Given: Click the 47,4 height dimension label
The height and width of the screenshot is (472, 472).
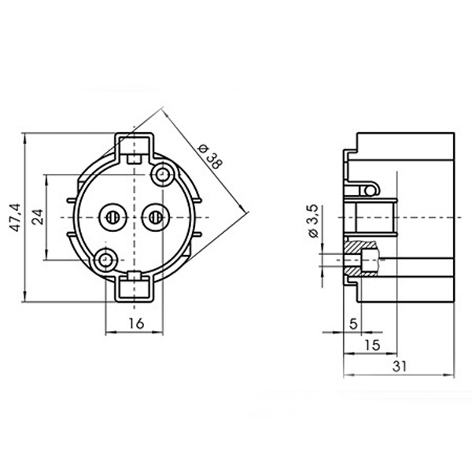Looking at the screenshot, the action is [x=15, y=217].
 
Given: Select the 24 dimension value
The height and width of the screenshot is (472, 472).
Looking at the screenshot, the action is [x=38, y=217].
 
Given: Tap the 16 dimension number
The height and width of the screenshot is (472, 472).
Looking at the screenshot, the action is [x=137, y=323].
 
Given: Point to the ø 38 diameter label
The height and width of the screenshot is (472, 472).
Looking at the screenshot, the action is [x=210, y=157].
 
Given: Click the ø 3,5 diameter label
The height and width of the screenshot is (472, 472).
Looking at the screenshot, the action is [x=313, y=221].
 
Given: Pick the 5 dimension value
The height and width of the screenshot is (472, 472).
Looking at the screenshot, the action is [x=353, y=324].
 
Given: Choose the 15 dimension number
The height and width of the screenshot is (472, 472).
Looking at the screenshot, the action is [x=372, y=345].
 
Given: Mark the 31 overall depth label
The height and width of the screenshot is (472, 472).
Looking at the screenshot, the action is [x=400, y=367].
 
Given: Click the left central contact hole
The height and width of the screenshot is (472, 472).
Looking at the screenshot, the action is [x=112, y=217].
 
